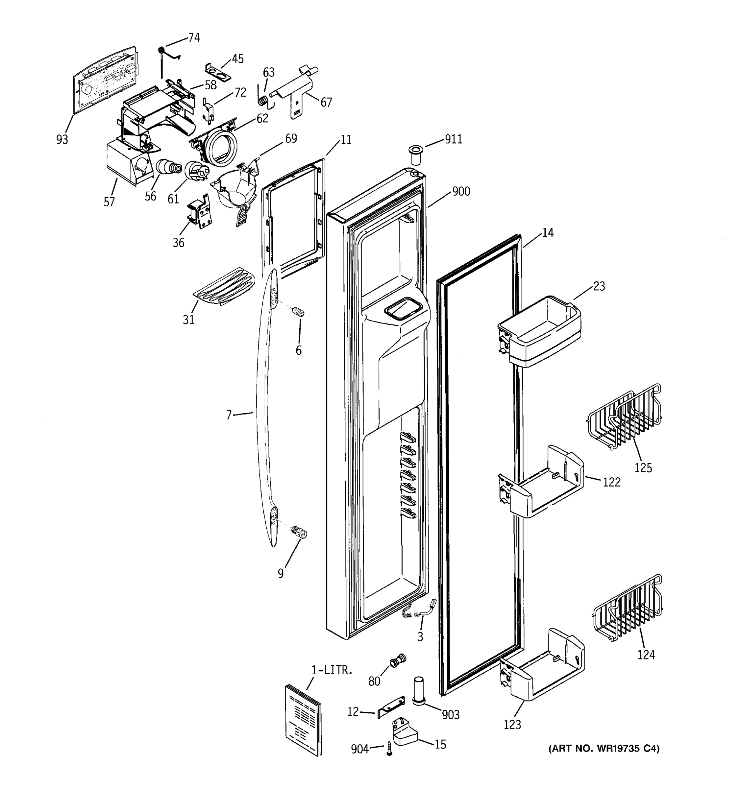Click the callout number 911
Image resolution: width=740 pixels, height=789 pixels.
(453, 139)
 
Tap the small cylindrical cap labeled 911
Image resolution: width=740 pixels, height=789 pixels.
(416, 155)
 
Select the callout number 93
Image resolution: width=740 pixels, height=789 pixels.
(62, 140)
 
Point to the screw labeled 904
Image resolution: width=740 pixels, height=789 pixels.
(389, 749)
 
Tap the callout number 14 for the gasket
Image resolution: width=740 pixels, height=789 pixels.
(548, 232)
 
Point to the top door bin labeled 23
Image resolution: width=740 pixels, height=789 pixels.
(540, 331)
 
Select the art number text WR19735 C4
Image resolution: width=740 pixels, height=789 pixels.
(604, 749)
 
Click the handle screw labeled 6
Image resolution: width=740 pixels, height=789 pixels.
(299, 312)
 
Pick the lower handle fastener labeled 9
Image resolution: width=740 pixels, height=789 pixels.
(300, 532)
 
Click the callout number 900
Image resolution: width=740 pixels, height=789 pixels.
(461, 192)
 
